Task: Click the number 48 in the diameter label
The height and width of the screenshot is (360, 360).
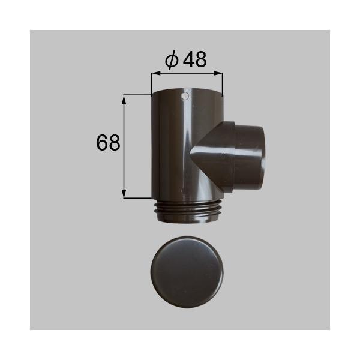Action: [x=196, y=60]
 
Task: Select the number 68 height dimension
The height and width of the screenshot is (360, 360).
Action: [x=108, y=142]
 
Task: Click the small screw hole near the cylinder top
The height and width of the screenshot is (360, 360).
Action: [x=185, y=96]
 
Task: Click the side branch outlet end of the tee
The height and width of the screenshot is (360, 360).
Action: [x=248, y=155]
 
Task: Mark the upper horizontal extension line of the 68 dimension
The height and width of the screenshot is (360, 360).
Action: [x=137, y=94]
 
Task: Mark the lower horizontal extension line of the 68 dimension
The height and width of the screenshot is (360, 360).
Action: [x=137, y=197]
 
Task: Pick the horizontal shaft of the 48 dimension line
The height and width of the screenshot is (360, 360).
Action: [x=187, y=74]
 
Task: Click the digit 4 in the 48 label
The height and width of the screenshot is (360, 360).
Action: [x=188, y=60]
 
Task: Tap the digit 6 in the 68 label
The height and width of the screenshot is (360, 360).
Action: [x=101, y=142]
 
